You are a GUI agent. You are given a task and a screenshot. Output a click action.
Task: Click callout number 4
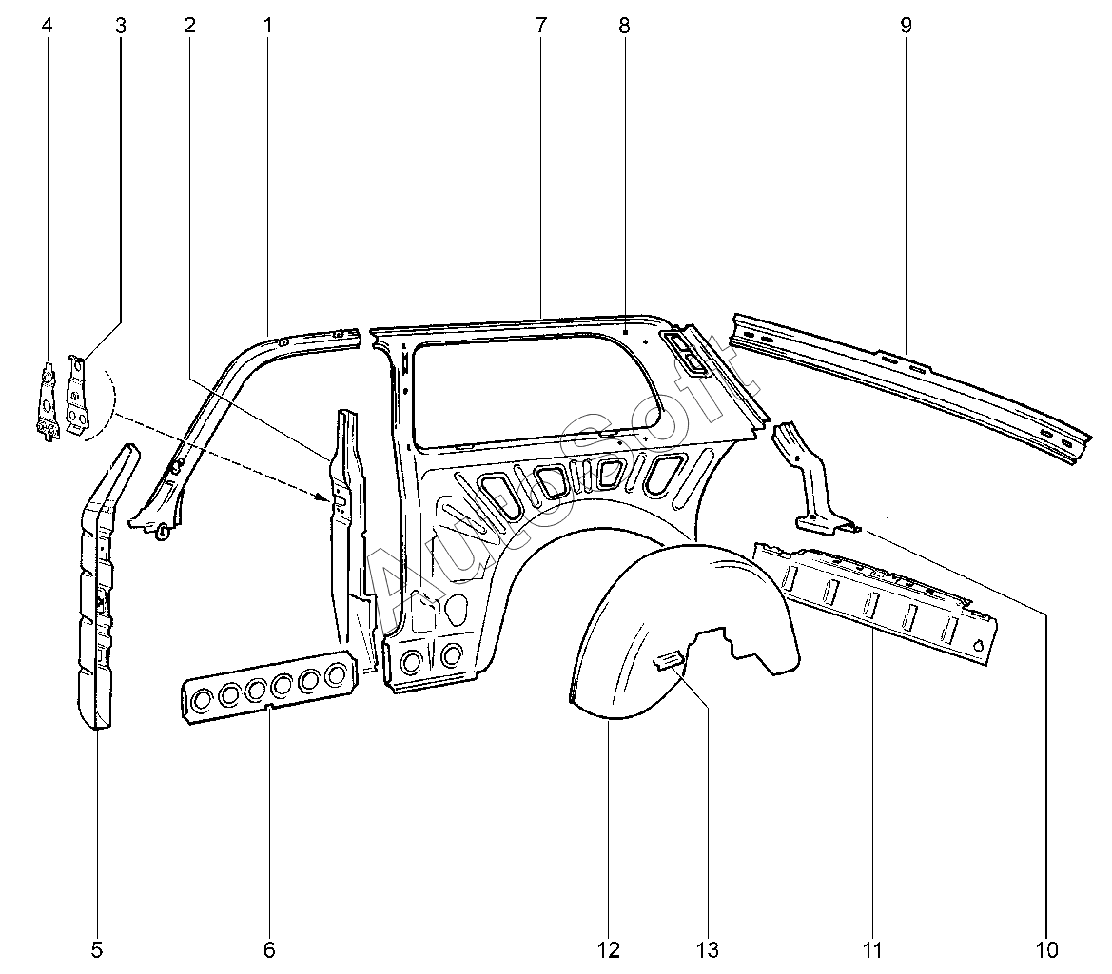click(48, 26)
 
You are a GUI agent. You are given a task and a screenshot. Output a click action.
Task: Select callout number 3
click(120, 26)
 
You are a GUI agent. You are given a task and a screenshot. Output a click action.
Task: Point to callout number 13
click(707, 949)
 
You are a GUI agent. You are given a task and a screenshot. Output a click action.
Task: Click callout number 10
click(1046, 949)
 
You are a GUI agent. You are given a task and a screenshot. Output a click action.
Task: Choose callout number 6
click(269, 949)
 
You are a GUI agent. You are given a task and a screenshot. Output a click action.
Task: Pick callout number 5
click(97, 949)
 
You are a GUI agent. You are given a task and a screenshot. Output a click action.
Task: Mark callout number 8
click(624, 26)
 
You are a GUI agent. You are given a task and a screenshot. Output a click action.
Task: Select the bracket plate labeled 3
click(79, 391)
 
